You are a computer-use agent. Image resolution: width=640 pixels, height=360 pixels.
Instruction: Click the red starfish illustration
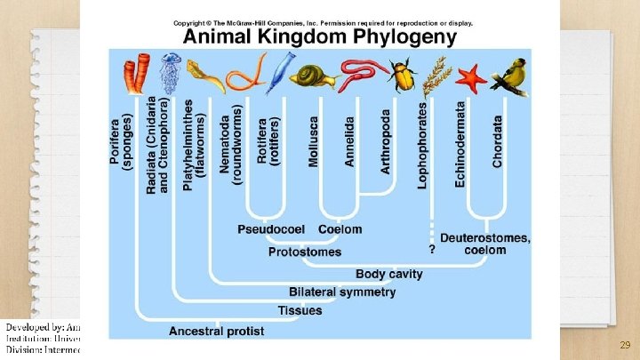point(471,76)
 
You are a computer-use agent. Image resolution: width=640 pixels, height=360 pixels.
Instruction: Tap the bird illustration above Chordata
point(510,75)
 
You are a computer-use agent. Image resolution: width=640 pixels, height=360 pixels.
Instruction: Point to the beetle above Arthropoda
point(404,76)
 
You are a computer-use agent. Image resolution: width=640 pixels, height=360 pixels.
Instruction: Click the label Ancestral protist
point(216,331)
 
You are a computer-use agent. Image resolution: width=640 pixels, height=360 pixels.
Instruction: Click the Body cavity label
point(389,274)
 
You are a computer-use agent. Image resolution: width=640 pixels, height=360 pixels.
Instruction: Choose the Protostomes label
point(305,252)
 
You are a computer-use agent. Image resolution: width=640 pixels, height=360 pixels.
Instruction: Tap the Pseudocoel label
point(271,229)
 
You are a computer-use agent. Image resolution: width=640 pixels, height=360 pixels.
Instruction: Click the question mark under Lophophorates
point(431,250)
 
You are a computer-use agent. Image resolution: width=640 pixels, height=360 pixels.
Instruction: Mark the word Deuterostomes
point(485,237)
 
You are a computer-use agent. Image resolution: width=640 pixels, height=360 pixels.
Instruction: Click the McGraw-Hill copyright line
point(323,22)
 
